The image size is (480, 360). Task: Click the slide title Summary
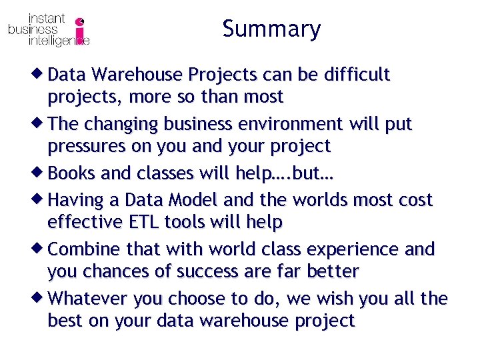coord(271,29)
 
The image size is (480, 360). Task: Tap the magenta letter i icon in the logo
coord(81,31)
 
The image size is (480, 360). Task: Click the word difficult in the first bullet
coord(356,75)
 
